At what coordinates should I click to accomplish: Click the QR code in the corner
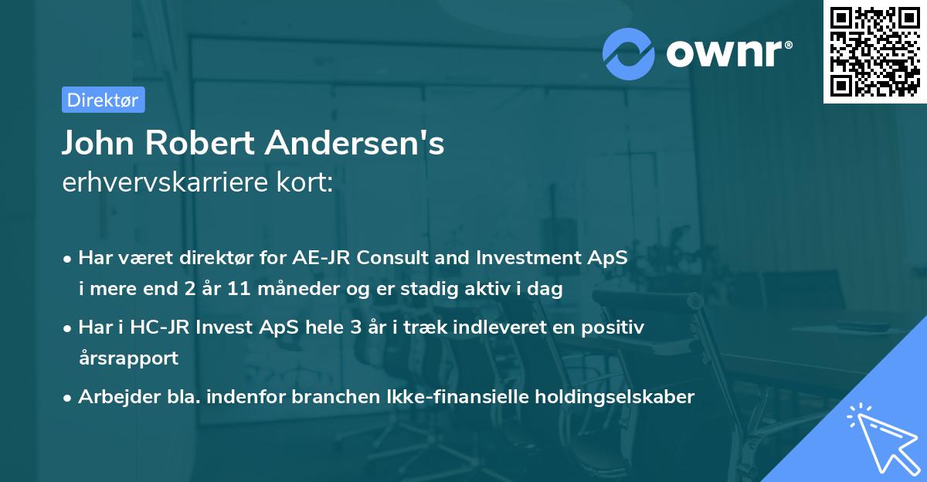pos(875,51)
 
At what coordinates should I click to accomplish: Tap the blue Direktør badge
pos(103,100)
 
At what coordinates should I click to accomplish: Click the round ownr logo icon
pos(629,53)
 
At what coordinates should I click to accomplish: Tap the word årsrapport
pos(128,358)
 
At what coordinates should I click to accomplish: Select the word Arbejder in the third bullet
pos(112,397)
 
